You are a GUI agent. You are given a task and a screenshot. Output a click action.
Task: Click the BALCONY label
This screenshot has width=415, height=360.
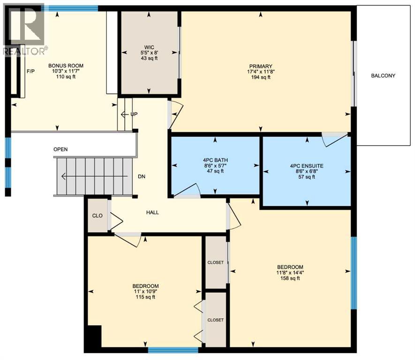tap(383, 75)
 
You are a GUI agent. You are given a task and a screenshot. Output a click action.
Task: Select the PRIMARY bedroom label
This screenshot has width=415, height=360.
tap(261, 66)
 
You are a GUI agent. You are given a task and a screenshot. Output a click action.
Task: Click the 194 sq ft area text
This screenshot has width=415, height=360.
tap(261, 77)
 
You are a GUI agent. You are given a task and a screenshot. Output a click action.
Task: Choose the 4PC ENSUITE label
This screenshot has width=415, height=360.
tap(306, 165)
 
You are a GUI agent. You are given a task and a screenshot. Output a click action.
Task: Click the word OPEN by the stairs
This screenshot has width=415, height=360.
tap(60, 150)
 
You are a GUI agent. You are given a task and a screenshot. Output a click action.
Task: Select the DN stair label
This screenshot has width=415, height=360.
tap(141, 177)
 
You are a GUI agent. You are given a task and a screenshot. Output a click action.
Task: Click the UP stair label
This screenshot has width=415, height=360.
tap(135, 114)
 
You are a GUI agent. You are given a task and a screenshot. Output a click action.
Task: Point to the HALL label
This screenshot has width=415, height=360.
tap(152, 212)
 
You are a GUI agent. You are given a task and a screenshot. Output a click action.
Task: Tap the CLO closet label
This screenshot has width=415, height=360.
tap(98, 216)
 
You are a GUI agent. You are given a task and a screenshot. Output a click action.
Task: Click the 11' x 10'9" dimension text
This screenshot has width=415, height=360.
tap(145, 292)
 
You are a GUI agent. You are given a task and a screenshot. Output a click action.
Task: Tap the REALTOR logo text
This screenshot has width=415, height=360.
tap(25, 51)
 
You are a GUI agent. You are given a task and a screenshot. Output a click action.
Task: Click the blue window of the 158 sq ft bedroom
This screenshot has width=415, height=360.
tap(354, 273)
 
